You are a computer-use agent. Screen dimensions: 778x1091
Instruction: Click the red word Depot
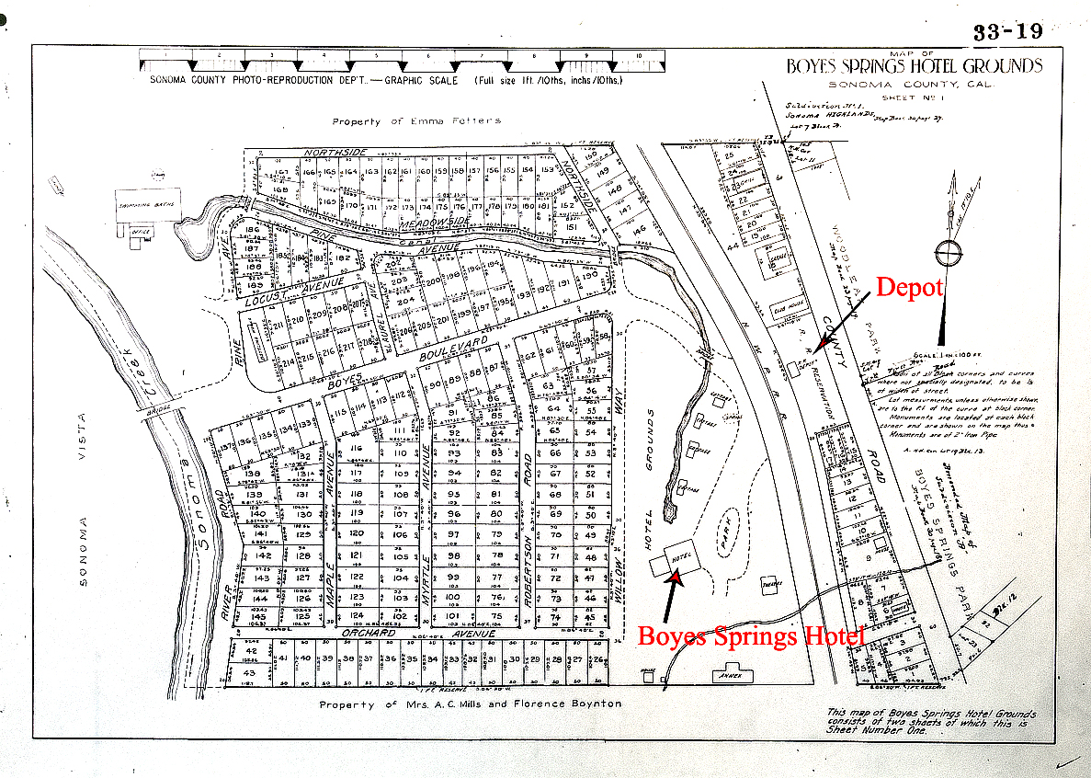point(909,287)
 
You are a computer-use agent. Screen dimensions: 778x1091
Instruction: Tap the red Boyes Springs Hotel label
point(751,635)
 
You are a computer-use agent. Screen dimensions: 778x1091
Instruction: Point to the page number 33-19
point(1008,32)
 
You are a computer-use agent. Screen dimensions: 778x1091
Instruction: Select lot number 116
point(358,449)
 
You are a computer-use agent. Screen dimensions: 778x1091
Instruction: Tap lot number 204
point(406,299)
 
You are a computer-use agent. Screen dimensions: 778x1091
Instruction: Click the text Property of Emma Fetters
point(416,120)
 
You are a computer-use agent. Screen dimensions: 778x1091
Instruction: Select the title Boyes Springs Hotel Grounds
point(914,65)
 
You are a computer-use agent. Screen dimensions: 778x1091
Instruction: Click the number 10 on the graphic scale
point(638,56)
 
